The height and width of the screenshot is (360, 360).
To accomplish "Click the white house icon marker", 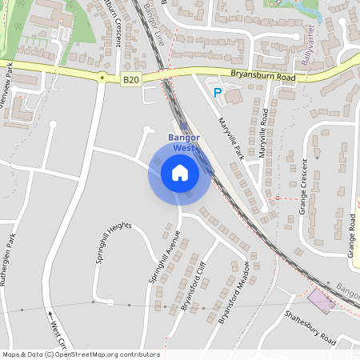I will (x=180, y=173).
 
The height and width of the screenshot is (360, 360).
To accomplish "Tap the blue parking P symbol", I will (x=217, y=94).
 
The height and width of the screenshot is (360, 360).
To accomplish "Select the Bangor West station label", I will (x=183, y=142).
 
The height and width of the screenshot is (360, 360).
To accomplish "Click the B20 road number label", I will (x=130, y=79).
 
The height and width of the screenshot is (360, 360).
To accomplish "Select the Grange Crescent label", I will (x=304, y=190).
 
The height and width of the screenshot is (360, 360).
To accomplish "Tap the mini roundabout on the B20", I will (x=102, y=78).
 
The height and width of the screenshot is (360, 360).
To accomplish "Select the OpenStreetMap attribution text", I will (x=82, y=354).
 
